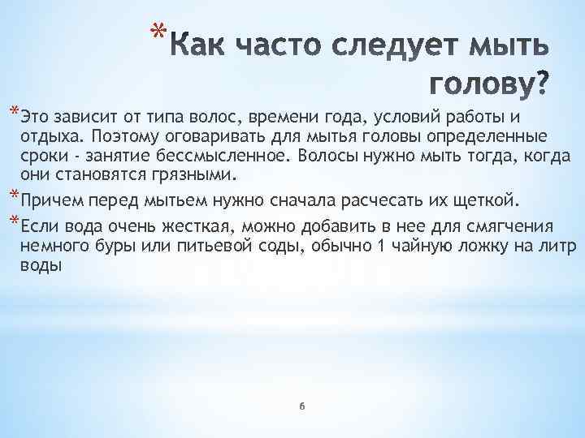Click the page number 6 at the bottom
[301, 405]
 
